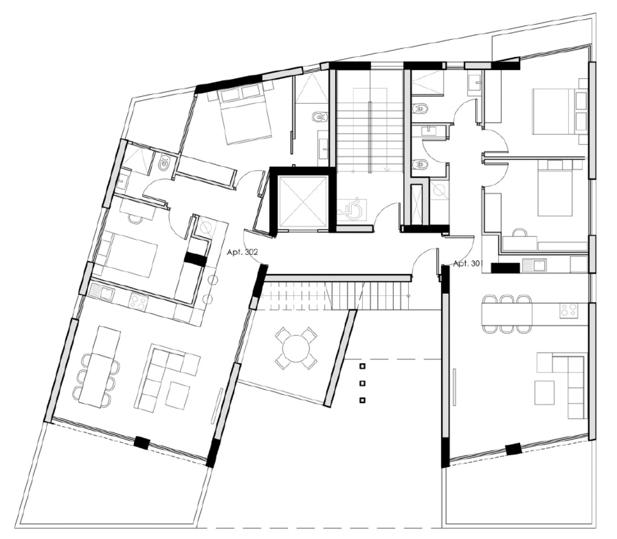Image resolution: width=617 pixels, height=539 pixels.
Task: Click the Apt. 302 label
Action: pos(242,252)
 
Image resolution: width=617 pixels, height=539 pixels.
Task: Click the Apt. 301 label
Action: pos(468,264)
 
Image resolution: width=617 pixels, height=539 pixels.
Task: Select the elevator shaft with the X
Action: pos(302,202)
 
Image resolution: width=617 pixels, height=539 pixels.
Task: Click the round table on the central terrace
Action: pos(296,349)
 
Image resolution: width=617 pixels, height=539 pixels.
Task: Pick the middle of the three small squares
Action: pos(363,383)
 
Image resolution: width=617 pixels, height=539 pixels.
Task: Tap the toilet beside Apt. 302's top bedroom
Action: pos(320,117)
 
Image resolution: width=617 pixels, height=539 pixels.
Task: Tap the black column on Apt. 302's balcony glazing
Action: pos(142,443)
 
